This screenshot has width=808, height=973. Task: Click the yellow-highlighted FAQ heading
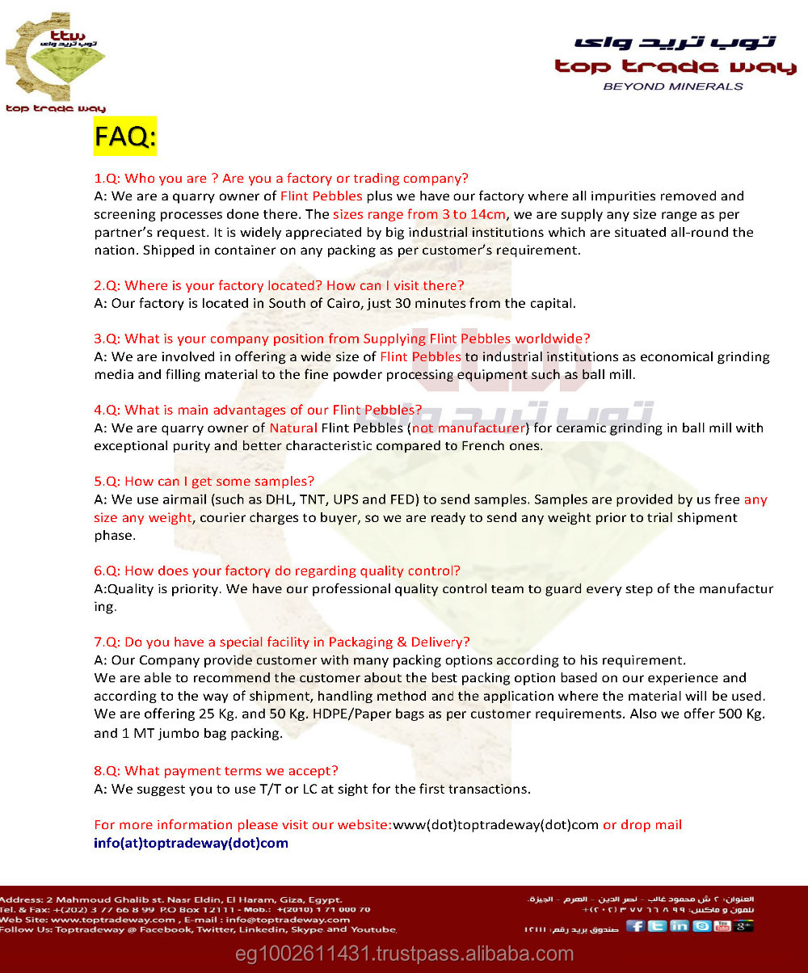point(124,136)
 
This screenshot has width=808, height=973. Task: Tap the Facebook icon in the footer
point(636,925)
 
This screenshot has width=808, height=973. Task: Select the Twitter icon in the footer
point(658,925)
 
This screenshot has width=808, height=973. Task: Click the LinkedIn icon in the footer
point(679,925)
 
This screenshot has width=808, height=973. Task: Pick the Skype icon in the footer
point(701,925)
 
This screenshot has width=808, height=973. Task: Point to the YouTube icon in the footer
point(722,925)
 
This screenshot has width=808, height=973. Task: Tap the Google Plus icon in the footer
point(743,925)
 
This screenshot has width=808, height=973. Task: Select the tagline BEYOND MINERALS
point(673,86)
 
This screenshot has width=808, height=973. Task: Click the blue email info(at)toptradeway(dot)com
point(191,843)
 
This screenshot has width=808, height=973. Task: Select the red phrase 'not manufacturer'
point(469,428)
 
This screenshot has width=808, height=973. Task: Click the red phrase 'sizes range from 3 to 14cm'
point(419,214)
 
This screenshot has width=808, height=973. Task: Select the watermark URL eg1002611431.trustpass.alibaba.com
point(404,954)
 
